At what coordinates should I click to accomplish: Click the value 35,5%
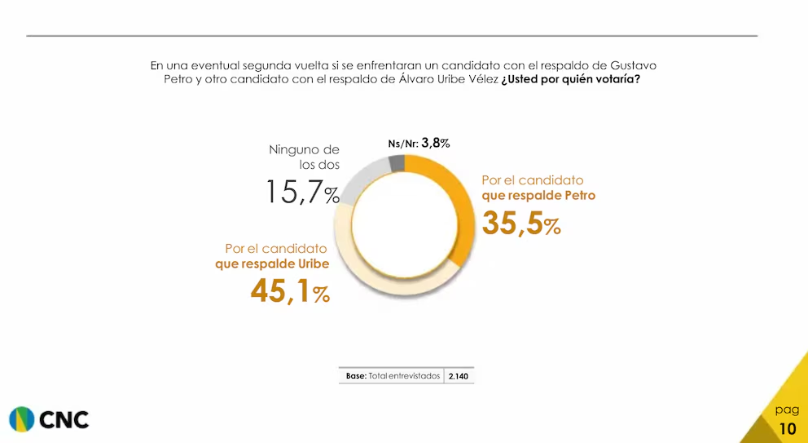tap(521, 223)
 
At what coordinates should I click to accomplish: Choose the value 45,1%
tap(290, 291)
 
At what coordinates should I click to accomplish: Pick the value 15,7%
tap(302, 193)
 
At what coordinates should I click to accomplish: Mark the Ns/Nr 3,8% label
tap(419, 144)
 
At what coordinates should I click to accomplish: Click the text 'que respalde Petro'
tap(538, 196)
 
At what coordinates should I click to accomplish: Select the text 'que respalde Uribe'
tap(272, 264)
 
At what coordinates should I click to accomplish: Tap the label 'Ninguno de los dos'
tap(305, 157)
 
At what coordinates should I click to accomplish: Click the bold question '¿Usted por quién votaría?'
tap(570, 80)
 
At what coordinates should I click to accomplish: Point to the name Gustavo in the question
tap(633, 64)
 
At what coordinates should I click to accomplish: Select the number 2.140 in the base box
tap(459, 377)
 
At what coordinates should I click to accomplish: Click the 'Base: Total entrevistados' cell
tap(392, 377)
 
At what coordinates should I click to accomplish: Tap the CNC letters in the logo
tap(64, 420)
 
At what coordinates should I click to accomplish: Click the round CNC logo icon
tap(22, 419)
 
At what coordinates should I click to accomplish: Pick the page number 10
tap(788, 429)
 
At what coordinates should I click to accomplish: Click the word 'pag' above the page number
tap(787, 410)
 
